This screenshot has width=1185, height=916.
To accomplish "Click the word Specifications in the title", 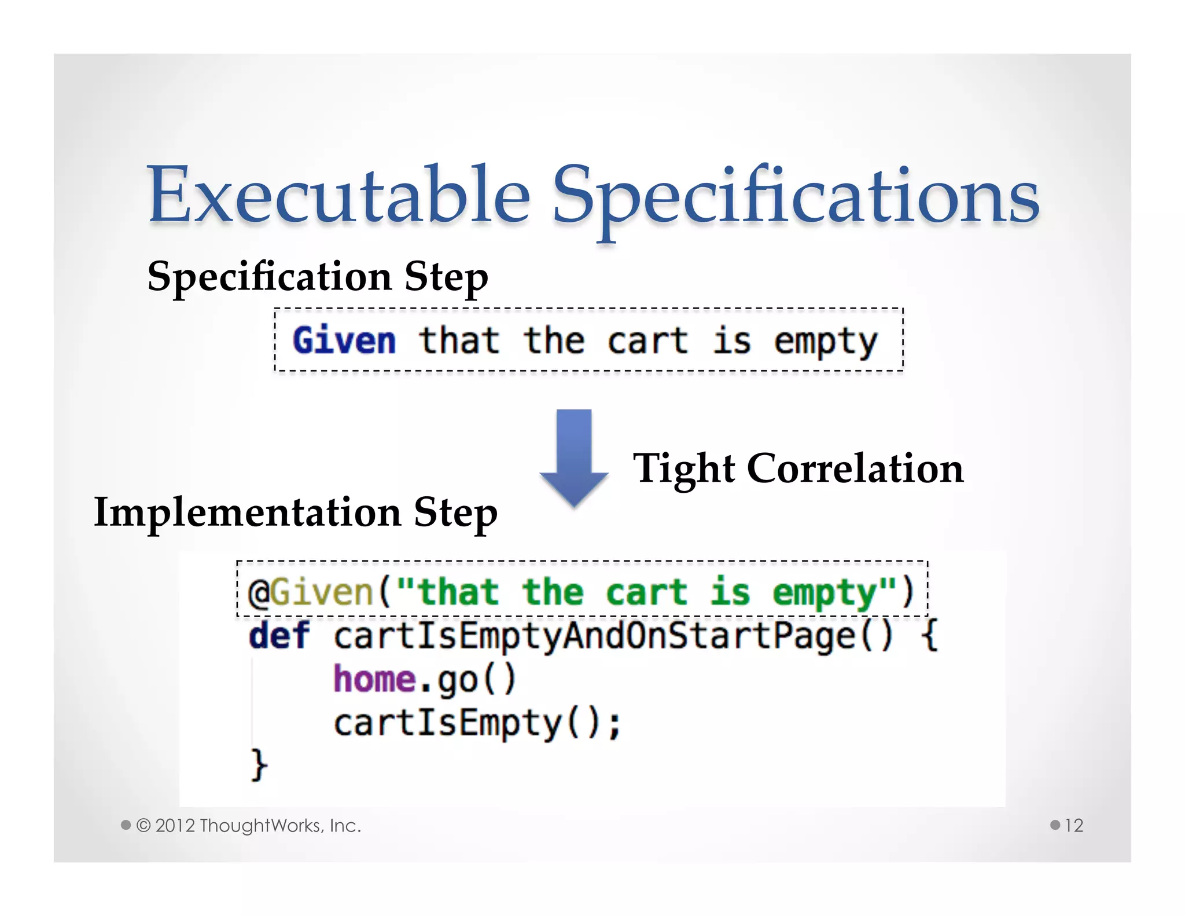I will [796, 197].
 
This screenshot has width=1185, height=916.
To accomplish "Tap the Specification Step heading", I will [318, 277].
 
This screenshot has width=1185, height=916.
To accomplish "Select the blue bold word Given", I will [344, 340].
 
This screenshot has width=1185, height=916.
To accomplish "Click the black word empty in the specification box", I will [826, 342].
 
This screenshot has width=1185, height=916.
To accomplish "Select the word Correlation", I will [855, 468].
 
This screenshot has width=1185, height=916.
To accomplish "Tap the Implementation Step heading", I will [296, 512].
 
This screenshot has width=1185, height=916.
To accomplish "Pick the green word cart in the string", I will [646, 593].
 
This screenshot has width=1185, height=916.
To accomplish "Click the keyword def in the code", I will [279, 636].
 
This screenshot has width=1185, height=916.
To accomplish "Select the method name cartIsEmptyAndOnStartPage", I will [595, 636].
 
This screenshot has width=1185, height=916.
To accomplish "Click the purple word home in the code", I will [374, 679].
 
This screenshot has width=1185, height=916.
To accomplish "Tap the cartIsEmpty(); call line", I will [477, 723].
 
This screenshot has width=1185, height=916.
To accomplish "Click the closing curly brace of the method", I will [259, 765].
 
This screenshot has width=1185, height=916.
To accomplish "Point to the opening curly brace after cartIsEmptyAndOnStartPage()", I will [929, 636].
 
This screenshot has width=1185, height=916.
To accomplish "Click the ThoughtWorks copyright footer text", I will [249, 826].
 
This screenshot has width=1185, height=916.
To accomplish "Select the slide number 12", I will [1074, 826].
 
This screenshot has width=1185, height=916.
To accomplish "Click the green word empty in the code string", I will [825, 593].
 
